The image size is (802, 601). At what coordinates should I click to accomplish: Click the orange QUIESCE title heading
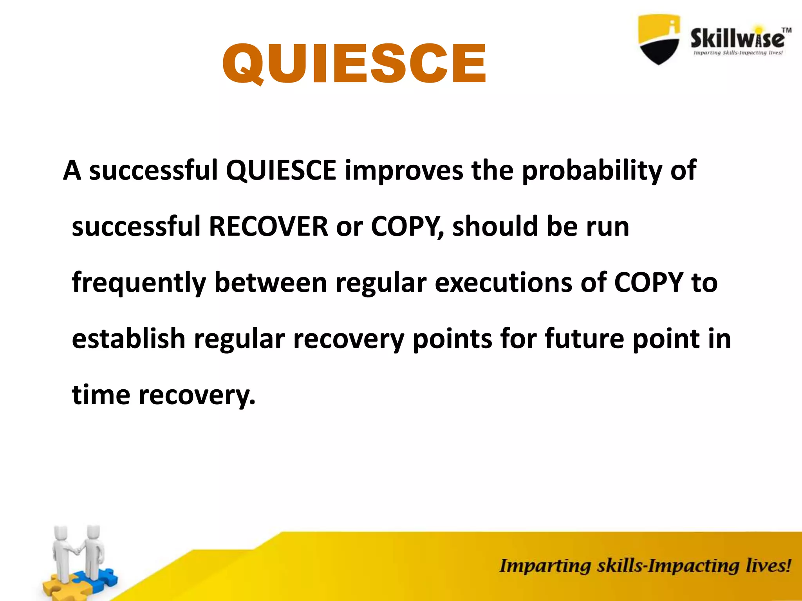pyautogui.click(x=354, y=64)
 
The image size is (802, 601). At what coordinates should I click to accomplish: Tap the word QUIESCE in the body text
pyautogui.click(x=281, y=171)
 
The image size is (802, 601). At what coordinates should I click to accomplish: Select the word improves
pyautogui.click(x=404, y=171)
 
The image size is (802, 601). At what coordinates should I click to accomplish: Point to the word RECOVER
pyautogui.click(x=268, y=227)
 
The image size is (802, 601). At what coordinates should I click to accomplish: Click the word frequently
pyautogui.click(x=139, y=283)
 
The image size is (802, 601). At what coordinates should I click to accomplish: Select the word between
pyautogui.click(x=271, y=283)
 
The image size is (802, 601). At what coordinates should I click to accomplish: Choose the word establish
pyautogui.click(x=128, y=339)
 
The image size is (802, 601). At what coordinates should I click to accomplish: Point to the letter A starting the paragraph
pyautogui.click(x=72, y=171)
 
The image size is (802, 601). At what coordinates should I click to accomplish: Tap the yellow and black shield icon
pyautogui.click(x=659, y=39)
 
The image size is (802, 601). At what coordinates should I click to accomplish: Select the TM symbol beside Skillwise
pyautogui.click(x=786, y=30)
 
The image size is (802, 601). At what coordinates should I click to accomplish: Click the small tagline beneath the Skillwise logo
pyautogui.click(x=738, y=53)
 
